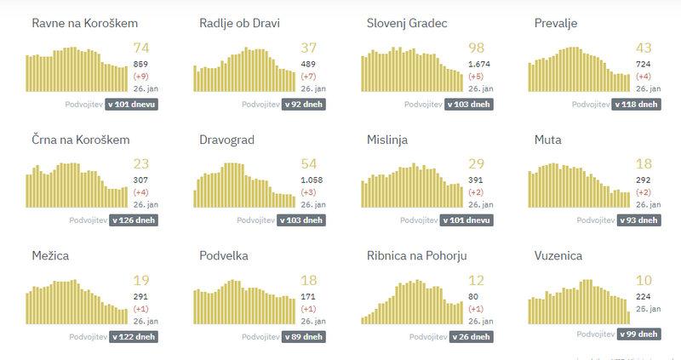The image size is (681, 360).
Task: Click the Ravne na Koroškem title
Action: pos(84,23)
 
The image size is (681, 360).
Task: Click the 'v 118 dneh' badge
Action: pos(636,105)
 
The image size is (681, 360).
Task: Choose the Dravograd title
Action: pos(226,140)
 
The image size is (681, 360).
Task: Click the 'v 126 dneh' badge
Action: pos(132,220)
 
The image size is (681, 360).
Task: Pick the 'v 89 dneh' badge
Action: pos(300,336)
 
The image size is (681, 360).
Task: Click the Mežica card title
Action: pos(50,255)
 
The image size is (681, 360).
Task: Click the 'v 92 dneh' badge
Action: pos(300,105)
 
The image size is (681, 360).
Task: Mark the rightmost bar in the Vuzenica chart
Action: pos(629,317)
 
